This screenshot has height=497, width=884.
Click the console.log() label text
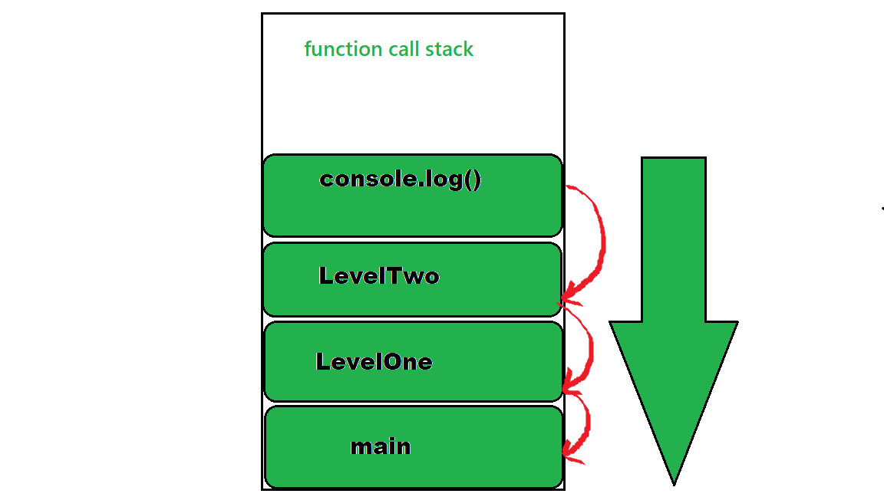401,179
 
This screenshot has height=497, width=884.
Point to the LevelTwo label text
379,276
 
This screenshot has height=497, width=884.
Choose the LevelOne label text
374,362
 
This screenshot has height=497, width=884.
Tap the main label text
381,446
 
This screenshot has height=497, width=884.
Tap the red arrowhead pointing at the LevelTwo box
569,295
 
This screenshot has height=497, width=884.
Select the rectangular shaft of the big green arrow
674,238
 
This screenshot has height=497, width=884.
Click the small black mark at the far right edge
882,207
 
